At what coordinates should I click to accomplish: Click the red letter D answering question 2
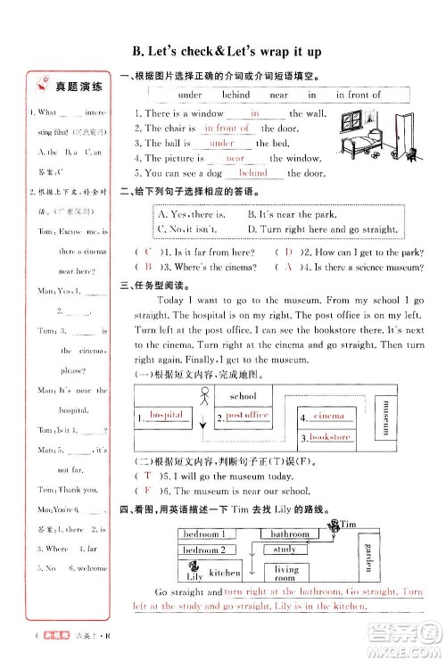(x=289, y=252)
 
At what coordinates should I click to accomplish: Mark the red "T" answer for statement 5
(x=147, y=477)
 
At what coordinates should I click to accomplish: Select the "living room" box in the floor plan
(x=286, y=573)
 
